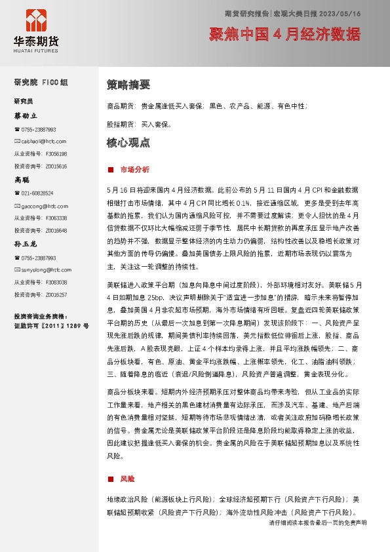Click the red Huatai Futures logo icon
coord(36,20)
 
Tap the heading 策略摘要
coord(128,85)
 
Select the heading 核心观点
coord(128,142)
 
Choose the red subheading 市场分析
coord(134,169)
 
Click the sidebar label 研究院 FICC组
coord(41,83)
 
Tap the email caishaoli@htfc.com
coord(44,141)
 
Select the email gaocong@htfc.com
coord(45,206)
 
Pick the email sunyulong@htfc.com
coord(46,269)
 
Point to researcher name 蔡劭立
coord(27,115)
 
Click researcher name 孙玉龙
coord(27,244)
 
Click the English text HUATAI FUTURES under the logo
coord(36,49)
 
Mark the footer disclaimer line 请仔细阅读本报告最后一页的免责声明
coord(318,523)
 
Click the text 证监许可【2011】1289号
coord(51,325)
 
